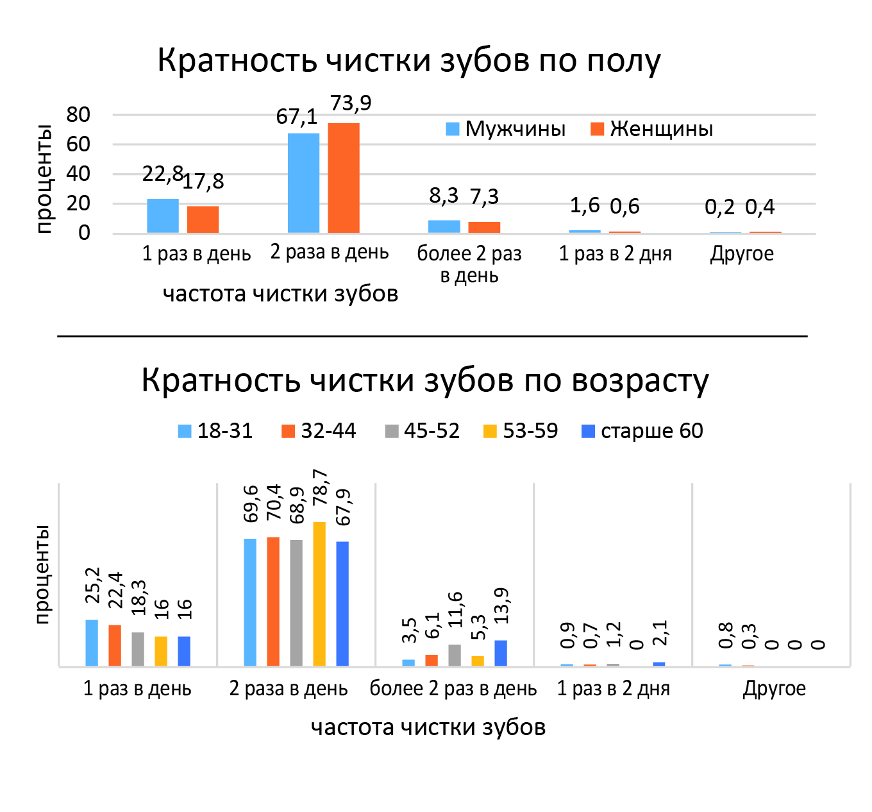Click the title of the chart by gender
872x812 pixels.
point(409,61)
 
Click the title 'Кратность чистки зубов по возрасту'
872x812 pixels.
point(424,380)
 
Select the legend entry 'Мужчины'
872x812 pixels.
point(506,129)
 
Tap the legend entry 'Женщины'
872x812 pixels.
point(652,129)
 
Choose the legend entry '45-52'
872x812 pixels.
point(423,431)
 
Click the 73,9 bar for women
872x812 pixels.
point(344,178)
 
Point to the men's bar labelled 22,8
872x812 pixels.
point(163,216)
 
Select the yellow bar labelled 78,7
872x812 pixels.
point(319,594)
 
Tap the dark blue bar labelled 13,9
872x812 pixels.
point(501,653)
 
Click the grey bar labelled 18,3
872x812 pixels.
point(138,649)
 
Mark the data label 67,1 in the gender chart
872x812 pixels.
point(297,117)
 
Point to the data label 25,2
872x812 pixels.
point(94,585)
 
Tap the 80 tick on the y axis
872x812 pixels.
point(78,115)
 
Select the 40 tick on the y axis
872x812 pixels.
point(78,174)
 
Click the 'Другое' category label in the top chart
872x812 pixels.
point(742,254)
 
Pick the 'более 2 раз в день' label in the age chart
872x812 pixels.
point(453,689)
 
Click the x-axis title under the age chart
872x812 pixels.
point(428,727)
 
